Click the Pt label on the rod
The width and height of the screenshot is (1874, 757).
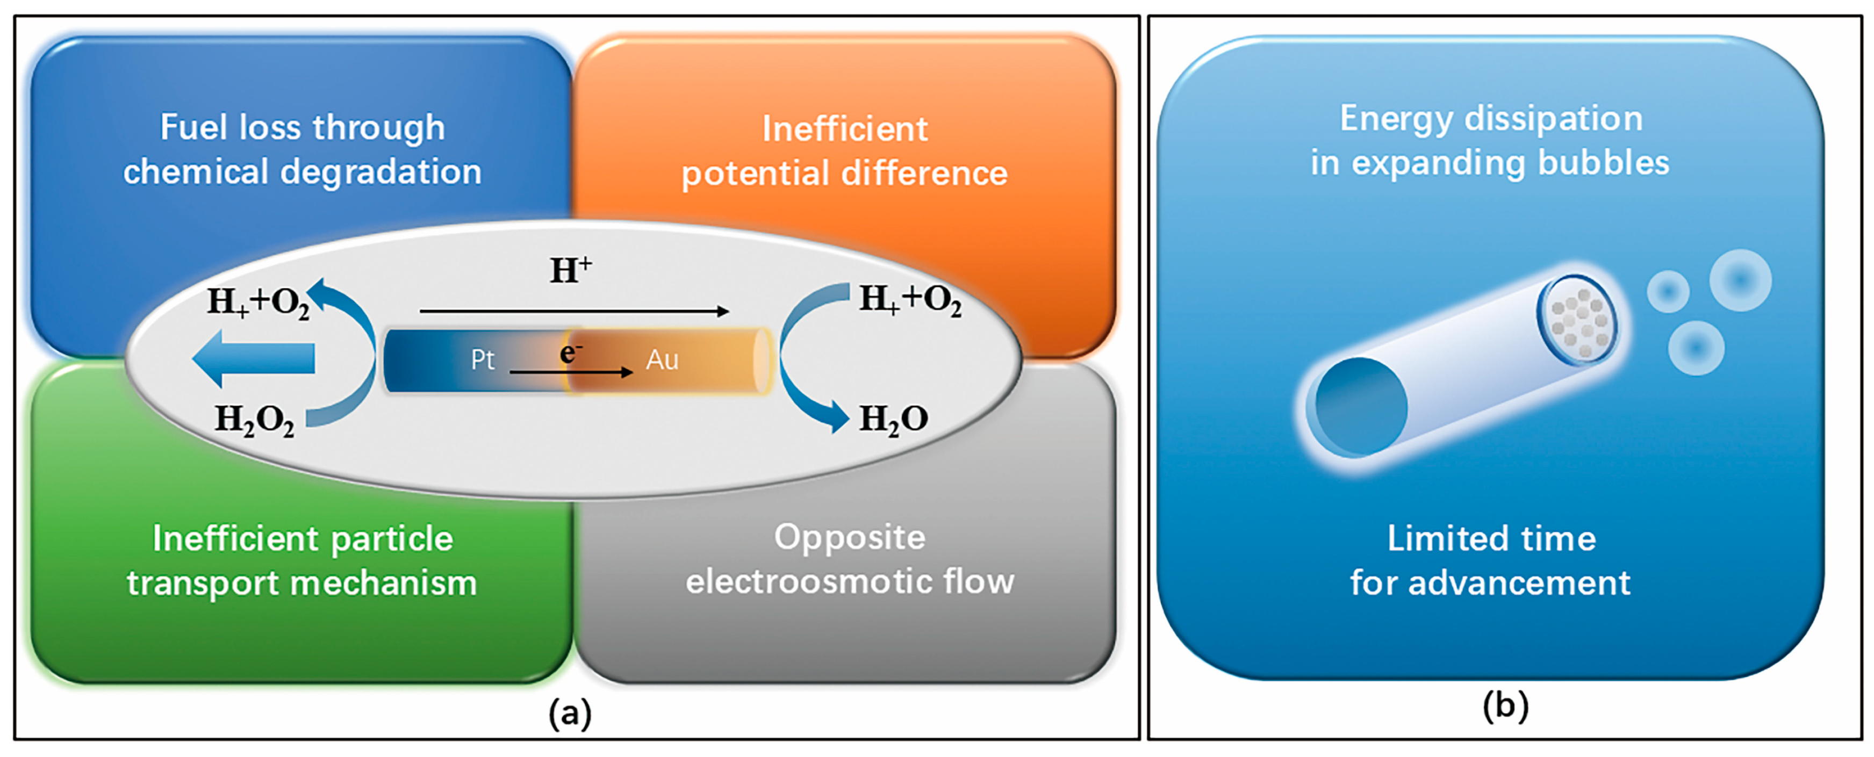pos(482,360)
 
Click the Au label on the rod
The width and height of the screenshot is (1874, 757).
pos(662,360)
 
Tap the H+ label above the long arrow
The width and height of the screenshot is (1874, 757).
pos(570,271)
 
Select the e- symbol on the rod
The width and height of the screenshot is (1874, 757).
pos(570,352)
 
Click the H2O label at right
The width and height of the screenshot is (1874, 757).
pos(893,419)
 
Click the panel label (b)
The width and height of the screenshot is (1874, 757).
pos(1505,705)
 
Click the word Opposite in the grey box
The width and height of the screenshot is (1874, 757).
pos(849,537)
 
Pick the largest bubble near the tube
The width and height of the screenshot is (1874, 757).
pos(1740,280)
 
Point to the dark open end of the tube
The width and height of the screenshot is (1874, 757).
pos(1360,407)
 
